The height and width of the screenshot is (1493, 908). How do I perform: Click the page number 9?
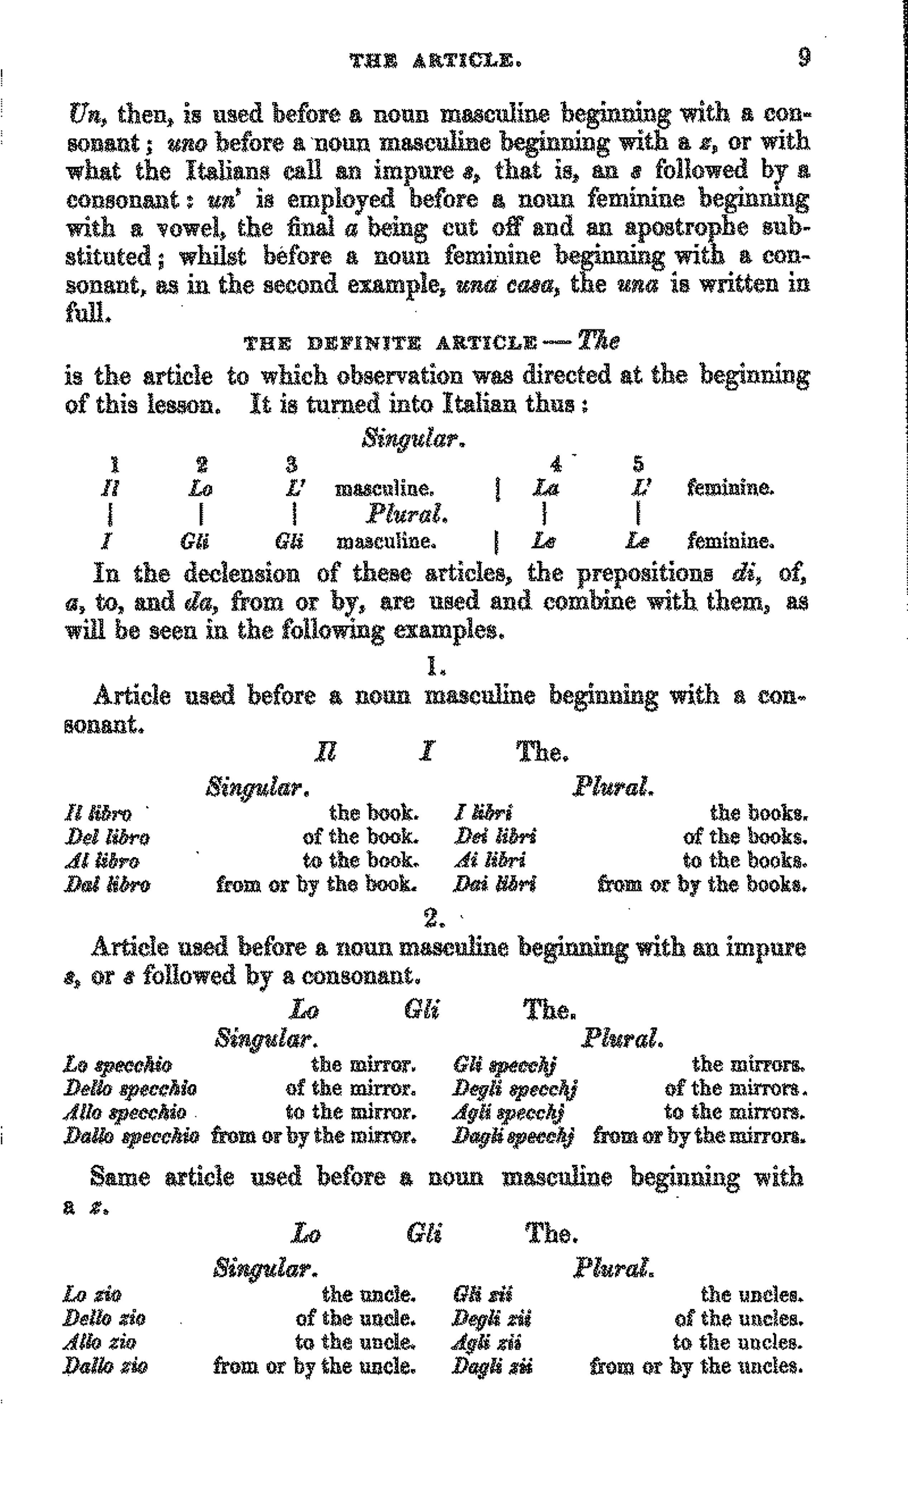804,58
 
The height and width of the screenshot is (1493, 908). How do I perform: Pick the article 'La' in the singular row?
545,488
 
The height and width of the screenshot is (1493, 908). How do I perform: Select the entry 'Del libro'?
107,837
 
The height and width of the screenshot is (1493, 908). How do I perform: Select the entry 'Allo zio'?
99,1343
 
